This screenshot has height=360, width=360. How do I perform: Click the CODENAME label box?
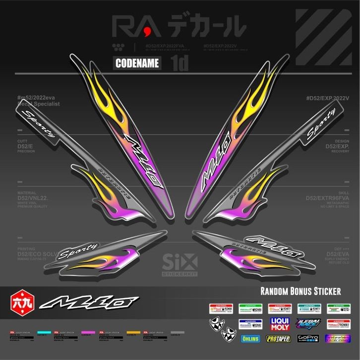[137, 63]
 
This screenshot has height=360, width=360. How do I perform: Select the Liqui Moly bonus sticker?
[279, 324]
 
